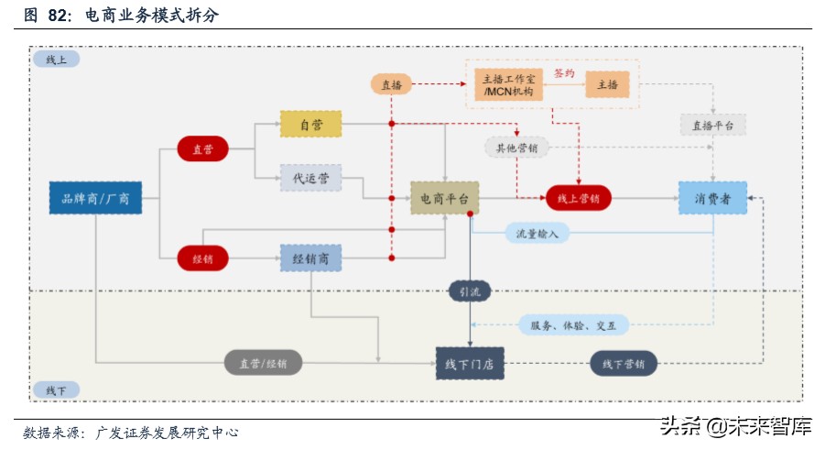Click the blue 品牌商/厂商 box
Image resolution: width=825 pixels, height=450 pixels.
[x=95, y=198]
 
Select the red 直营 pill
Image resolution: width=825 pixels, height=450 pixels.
[x=202, y=148]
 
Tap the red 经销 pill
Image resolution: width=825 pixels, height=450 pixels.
[x=202, y=258]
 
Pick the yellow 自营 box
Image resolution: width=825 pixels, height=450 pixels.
[x=310, y=125]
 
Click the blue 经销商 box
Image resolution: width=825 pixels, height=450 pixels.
[x=310, y=258]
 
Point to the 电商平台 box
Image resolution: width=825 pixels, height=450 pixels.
[x=444, y=198]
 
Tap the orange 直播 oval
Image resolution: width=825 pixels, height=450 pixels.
[x=391, y=84]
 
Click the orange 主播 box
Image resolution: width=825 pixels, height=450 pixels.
[x=607, y=84]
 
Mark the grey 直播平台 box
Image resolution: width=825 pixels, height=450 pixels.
[x=713, y=125]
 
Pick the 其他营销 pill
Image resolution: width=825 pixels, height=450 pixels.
[x=516, y=147]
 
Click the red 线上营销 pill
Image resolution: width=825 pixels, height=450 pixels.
[x=578, y=198]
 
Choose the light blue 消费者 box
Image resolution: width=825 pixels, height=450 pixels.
[x=712, y=198]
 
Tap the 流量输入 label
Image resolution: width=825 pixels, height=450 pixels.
[x=537, y=233]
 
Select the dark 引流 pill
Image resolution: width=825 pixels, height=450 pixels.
[x=470, y=291]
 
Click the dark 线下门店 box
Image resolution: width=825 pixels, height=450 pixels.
[x=470, y=364]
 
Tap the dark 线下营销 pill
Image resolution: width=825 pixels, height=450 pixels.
[x=623, y=364]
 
